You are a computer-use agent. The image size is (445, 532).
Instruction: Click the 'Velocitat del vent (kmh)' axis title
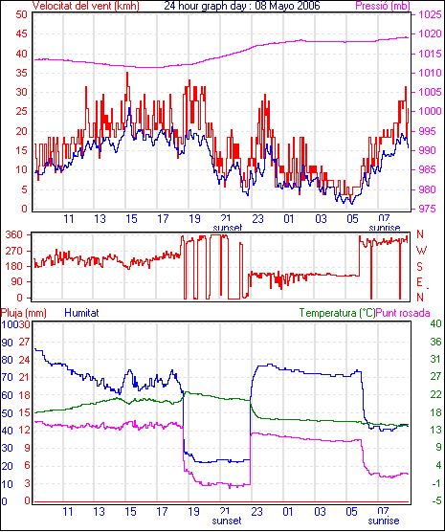[x=86, y=6]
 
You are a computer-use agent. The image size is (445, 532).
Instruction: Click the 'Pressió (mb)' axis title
[x=383, y=6]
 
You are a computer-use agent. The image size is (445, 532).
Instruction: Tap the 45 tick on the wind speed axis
[x=21, y=34]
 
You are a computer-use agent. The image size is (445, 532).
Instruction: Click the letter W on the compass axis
[x=421, y=251]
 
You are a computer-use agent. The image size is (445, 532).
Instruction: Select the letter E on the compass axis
[x=419, y=282]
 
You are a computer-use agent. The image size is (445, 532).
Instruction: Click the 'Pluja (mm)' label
[x=23, y=313]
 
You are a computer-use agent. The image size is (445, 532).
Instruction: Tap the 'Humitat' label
[x=81, y=313]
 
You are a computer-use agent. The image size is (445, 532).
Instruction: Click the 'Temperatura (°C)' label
[x=338, y=313]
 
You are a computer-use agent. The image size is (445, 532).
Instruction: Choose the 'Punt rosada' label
[x=403, y=313]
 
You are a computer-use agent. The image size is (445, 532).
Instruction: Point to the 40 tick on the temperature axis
[x=435, y=323]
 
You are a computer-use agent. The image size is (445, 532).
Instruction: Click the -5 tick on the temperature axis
[x=435, y=500]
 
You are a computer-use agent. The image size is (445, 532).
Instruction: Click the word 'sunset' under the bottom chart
[x=227, y=521]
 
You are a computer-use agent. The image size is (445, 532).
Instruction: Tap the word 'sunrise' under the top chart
[x=385, y=228]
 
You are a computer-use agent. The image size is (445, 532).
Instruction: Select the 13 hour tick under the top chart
[x=100, y=219]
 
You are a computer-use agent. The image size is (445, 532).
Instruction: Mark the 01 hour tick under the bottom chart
[x=288, y=511]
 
